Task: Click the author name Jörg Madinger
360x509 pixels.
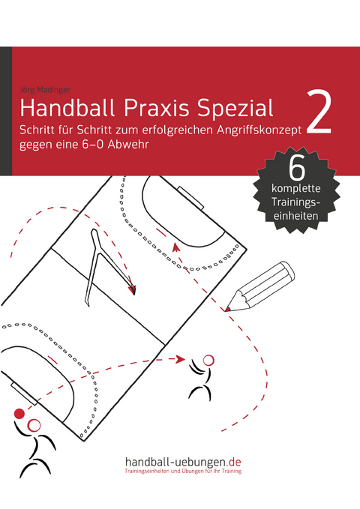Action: click(45, 90)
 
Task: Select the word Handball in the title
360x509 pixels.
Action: click(67, 108)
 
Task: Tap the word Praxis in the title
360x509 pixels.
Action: click(156, 108)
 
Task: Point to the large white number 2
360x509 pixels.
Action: click(319, 112)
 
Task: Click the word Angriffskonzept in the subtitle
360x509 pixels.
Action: click(259, 130)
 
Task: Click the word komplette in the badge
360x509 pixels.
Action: click(296, 188)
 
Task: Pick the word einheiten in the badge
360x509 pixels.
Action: click(295, 216)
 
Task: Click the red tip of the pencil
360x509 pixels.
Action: click(227, 309)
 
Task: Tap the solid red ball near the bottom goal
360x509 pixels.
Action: click(19, 413)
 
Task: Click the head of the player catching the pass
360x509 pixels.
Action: click(208, 361)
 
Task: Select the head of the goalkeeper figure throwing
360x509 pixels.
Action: click(34, 425)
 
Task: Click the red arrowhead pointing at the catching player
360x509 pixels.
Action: click(180, 359)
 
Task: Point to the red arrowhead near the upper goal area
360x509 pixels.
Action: click(175, 247)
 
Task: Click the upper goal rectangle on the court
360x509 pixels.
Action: click(190, 198)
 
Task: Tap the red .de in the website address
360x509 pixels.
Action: click(234, 462)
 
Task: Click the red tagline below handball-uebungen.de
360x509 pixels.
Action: click(183, 471)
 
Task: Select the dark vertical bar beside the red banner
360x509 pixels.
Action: click(6, 111)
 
